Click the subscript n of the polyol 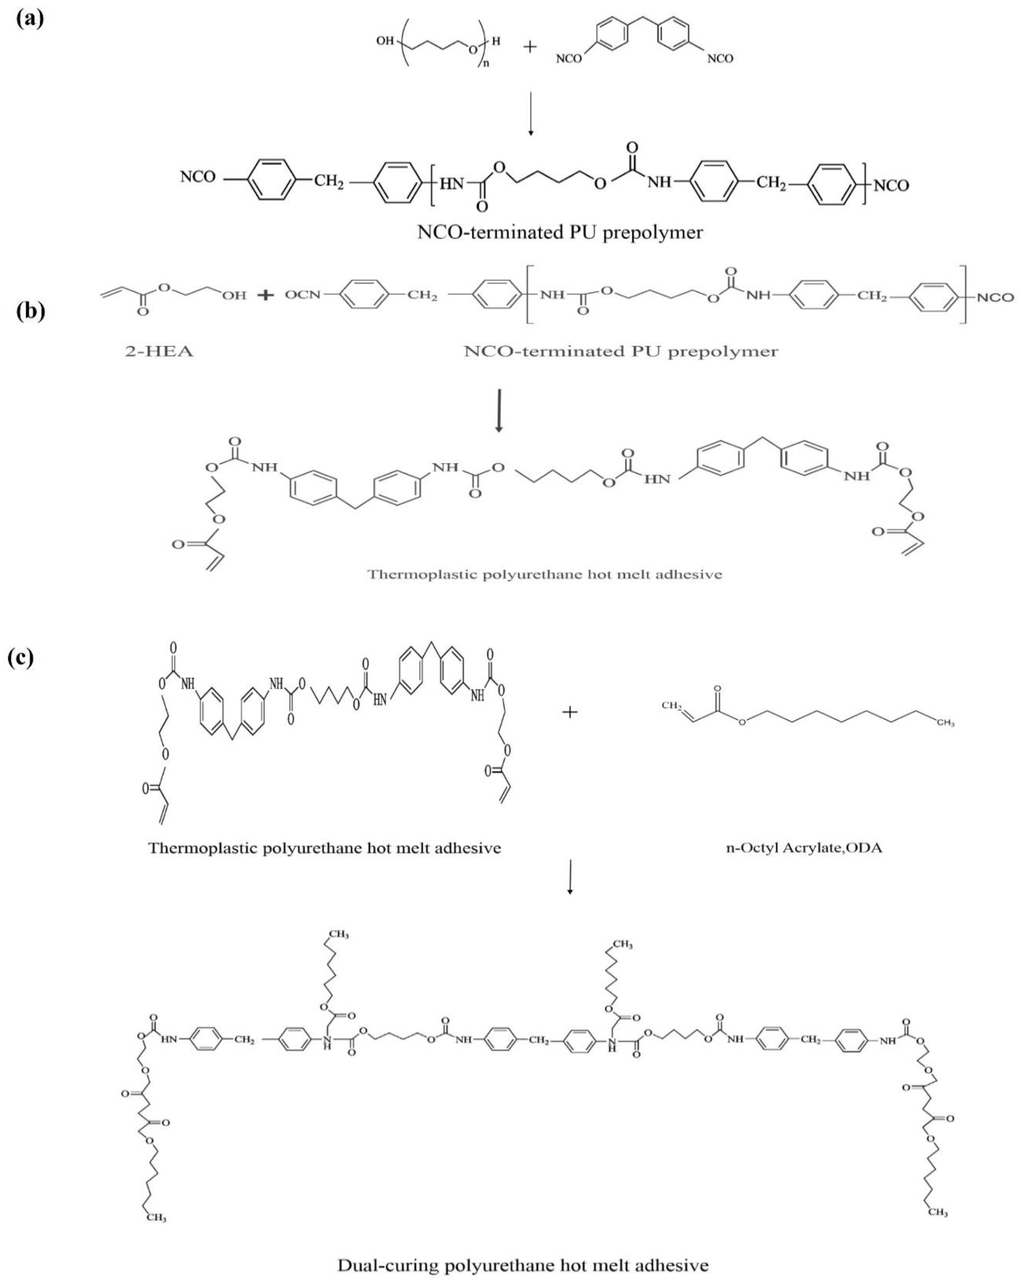[x=485, y=64]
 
